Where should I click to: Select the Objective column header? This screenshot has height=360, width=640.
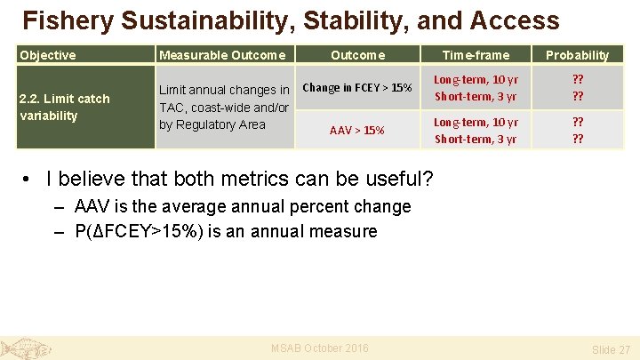pos(47,55)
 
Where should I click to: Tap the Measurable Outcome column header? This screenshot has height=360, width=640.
pos(222,55)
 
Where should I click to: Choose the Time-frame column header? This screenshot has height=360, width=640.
pos(476,55)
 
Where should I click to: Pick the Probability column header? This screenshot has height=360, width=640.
pos(577,55)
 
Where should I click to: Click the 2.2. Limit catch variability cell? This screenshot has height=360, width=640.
pos(65,107)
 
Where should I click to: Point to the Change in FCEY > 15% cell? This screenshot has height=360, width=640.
pos(357,88)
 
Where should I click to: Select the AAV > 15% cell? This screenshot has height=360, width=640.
pos(357,131)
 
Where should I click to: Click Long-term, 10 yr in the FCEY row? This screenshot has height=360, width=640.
pos(476,80)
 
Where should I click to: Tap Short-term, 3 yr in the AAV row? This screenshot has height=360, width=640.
pos(476,139)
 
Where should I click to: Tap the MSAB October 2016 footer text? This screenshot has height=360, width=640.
pos(319,348)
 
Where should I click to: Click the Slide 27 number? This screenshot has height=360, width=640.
pos(611,350)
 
